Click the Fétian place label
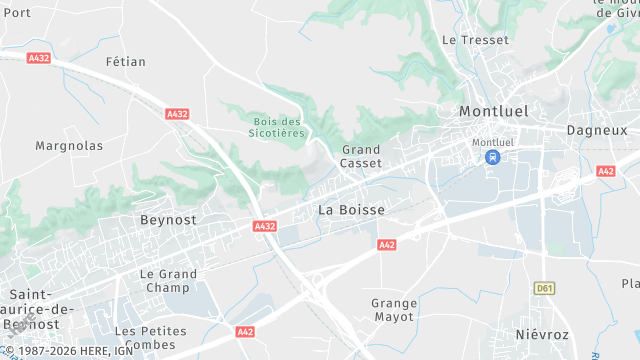click(126, 62)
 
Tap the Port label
click(17, 12)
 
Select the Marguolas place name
click(69, 146)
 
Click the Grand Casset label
click(361, 156)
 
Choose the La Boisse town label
click(351, 210)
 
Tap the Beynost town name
click(169, 219)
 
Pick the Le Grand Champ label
click(168, 280)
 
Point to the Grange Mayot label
click(394, 310)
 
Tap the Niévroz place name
click(541, 333)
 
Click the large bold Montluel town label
click(493, 111)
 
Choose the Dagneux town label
click(597, 130)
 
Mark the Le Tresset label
click(475, 40)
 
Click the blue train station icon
click(491, 158)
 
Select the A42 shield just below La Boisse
click(387, 244)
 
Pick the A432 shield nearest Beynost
click(265, 227)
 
